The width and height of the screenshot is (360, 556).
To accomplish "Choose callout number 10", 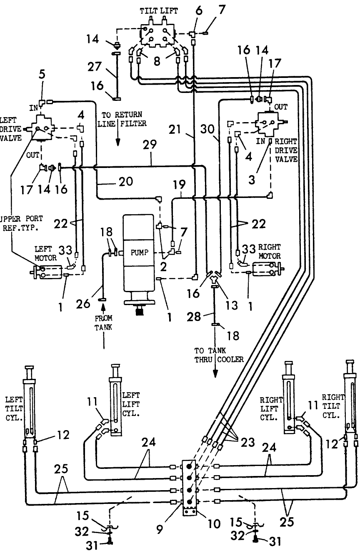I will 214,524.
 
